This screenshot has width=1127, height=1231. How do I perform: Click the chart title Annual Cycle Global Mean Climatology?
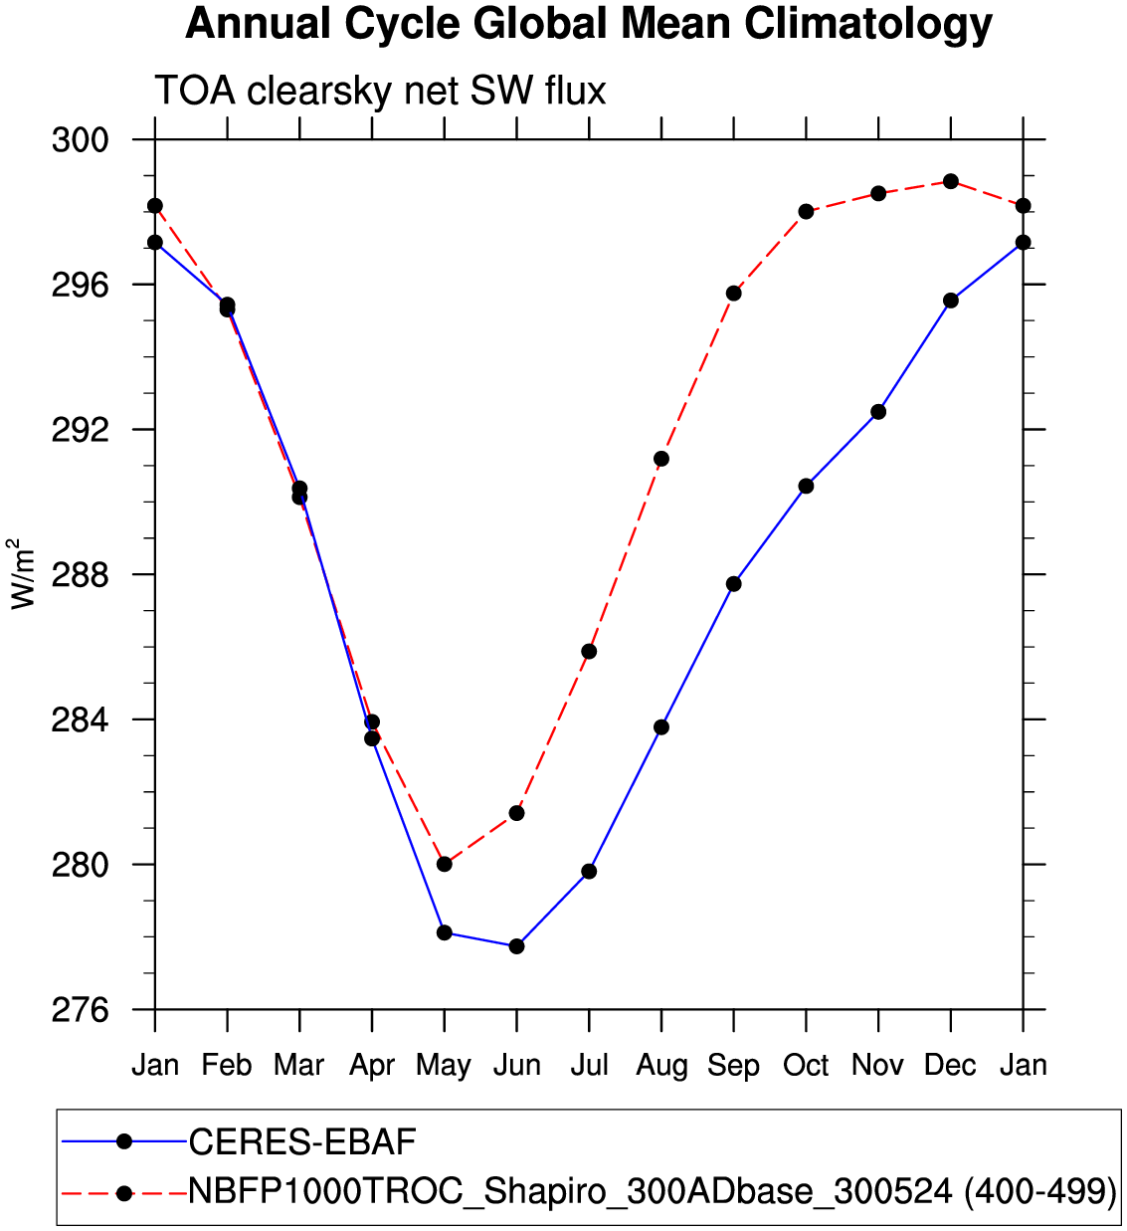(589, 24)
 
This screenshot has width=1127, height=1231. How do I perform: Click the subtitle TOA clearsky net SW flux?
(380, 92)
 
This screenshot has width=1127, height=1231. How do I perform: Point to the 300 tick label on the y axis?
(80, 140)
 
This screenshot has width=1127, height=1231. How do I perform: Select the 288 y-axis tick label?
(80, 575)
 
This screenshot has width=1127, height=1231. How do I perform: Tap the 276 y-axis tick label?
(80, 1010)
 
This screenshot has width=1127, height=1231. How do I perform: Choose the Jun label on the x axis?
(517, 1066)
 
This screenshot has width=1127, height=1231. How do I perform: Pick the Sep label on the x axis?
(734, 1066)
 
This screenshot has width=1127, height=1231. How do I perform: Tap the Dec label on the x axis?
(950, 1066)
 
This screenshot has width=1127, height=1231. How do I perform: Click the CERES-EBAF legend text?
(302, 1142)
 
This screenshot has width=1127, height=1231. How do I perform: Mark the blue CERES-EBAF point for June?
(516, 946)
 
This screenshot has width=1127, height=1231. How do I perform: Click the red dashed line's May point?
(445, 864)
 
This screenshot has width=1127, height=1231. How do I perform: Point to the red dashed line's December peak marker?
(951, 181)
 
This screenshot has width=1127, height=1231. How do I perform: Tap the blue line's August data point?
(661, 727)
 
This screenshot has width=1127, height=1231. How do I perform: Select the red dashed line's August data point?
(661, 459)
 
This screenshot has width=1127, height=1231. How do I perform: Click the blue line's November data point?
(878, 412)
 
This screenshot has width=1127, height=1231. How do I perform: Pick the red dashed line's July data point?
(589, 652)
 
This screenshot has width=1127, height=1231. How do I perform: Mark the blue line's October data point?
(806, 486)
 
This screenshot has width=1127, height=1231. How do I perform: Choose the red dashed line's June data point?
(516, 813)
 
